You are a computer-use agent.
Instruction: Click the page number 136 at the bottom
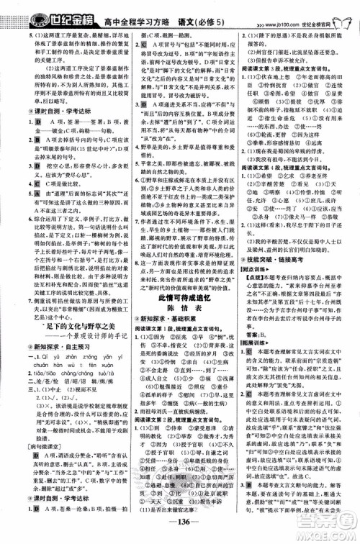(180, 533)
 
